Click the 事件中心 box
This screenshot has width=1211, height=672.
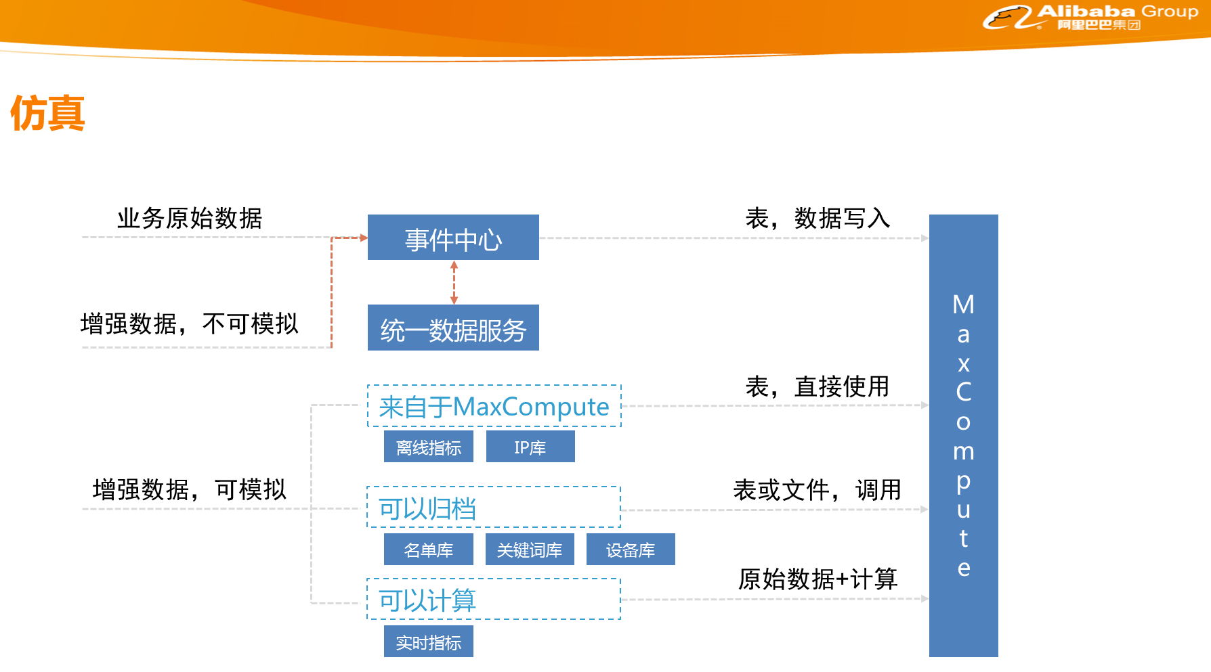[x=453, y=238]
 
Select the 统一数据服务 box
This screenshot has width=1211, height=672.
[x=453, y=328]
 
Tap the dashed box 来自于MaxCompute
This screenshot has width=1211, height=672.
[x=494, y=406]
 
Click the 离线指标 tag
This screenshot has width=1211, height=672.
[x=428, y=447]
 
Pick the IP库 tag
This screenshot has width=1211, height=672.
[x=530, y=447]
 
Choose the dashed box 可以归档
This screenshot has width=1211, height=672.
[x=494, y=507]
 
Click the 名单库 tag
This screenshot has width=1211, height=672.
[x=428, y=550]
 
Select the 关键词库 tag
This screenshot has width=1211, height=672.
[x=530, y=550]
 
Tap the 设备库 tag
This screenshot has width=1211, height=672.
[x=631, y=550]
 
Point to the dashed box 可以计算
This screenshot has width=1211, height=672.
[x=494, y=599]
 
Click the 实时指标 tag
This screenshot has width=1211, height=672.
[x=428, y=642]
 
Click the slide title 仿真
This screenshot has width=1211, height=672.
[x=47, y=113]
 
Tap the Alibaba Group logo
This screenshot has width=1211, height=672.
[x=1090, y=17]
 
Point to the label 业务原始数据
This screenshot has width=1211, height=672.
[x=190, y=219]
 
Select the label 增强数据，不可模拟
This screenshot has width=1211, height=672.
[x=190, y=323]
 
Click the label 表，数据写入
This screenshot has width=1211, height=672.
[x=817, y=219]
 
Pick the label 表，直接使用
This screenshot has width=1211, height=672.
[x=817, y=386]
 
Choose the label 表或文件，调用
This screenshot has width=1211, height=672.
[x=817, y=489]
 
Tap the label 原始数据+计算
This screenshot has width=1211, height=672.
[x=817, y=579]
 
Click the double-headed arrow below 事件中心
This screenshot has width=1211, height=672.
[x=454, y=282]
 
